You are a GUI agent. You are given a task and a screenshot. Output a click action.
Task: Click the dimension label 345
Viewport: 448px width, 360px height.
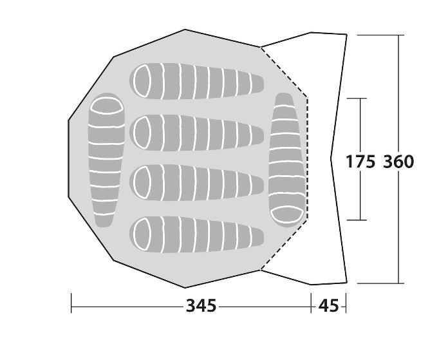pyautogui.click(x=201, y=306)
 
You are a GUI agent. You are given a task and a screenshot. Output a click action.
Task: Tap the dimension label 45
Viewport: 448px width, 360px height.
pyautogui.click(x=328, y=306)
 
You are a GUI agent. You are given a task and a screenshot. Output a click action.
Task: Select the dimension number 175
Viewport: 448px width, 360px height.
pyautogui.click(x=360, y=162)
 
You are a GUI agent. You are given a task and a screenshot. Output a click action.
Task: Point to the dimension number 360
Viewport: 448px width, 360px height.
pyautogui.click(x=398, y=162)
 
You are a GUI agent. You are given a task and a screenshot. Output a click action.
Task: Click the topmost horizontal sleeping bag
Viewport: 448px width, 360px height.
pyautogui.click(x=196, y=82)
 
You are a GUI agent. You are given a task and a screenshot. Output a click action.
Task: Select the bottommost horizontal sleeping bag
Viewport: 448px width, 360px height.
pyautogui.click(x=196, y=235)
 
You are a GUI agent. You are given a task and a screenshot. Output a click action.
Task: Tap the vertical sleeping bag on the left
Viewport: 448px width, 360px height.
pyautogui.click(x=106, y=160)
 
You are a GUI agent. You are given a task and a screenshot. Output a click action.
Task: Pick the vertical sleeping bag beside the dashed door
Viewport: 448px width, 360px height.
pyautogui.click(x=287, y=160)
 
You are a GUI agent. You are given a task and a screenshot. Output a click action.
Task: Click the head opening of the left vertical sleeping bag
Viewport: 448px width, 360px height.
pyautogui.click(x=107, y=106)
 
